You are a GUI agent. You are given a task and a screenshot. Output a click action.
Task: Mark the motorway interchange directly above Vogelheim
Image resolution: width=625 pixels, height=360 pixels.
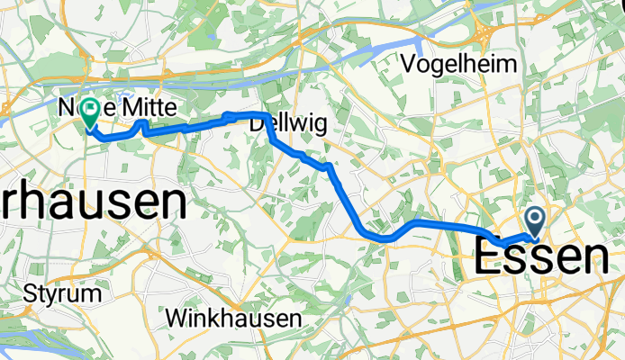[485, 36]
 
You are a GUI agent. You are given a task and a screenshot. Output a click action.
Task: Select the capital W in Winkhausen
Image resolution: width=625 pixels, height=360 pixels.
[177, 317]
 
